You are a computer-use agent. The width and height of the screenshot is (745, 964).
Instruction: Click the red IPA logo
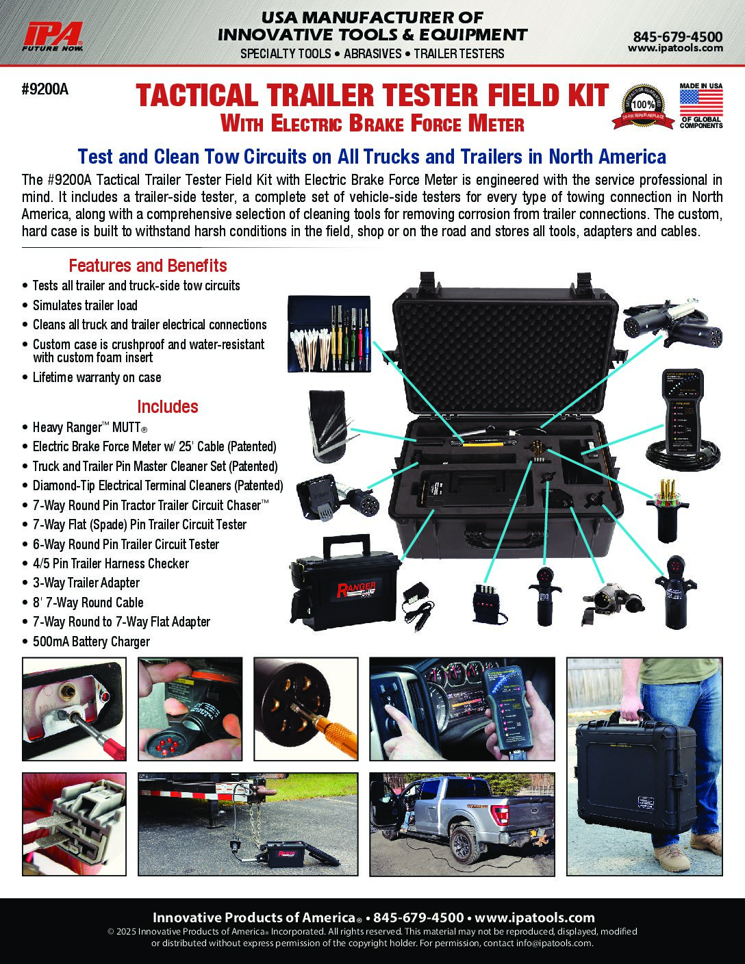(x=52, y=37)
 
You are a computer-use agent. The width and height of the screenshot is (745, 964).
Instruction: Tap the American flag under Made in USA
(x=701, y=103)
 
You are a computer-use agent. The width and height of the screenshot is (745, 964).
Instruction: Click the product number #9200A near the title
(x=45, y=89)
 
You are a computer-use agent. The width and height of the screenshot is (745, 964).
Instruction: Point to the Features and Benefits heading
(x=148, y=266)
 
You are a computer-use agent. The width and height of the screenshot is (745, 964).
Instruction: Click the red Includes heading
(x=168, y=407)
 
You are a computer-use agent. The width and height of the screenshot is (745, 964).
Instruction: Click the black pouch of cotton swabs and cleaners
(x=329, y=333)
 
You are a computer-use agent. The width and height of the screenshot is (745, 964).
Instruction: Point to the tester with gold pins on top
(x=666, y=510)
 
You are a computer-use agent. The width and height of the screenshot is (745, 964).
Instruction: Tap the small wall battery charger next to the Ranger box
(x=418, y=605)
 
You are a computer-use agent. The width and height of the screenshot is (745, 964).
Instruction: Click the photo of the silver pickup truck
(x=462, y=824)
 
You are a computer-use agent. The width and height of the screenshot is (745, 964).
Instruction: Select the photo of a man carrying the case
(x=644, y=767)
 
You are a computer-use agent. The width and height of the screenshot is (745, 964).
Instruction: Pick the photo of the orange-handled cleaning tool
(x=305, y=709)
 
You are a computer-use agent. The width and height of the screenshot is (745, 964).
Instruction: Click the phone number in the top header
(x=678, y=36)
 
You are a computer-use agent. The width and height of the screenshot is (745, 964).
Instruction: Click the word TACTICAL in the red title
(x=197, y=95)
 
